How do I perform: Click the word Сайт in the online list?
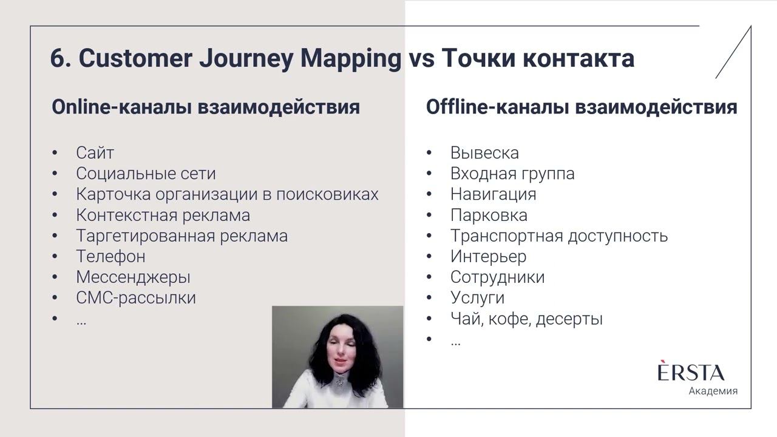(x=95, y=153)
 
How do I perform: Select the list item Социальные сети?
(x=146, y=174)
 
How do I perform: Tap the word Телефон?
(x=110, y=256)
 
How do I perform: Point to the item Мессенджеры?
(x=133, y=277)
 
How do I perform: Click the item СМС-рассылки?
(x=136, y=298)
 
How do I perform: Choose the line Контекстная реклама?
(x=163, y=215)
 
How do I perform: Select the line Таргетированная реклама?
(x=182, y=235)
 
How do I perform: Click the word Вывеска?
(x=484, y=153)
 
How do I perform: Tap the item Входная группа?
(x=512, y=174)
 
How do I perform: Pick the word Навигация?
(x=493, y=194)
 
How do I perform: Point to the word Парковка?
(x=489, y=215)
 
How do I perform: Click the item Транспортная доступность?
(x=558, y=235)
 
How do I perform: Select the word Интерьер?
(x=488, y=257)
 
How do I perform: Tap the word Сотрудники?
(x=497, y=277)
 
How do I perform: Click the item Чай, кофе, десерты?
(x=526, y=319)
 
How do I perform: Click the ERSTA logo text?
(x=691, y=372)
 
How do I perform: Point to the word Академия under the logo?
(x=713, y=391)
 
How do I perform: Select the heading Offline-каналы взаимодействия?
(x=582, y=107)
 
